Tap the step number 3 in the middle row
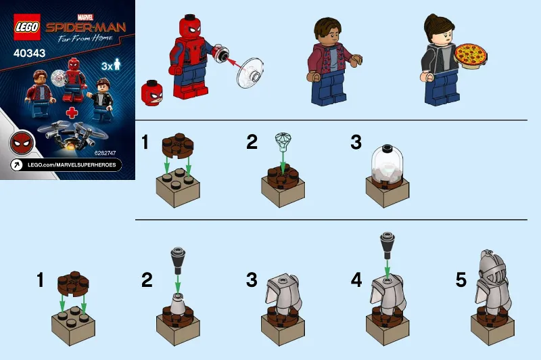[356, 142]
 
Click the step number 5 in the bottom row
[461, 280]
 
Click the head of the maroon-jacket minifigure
[328, 30]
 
